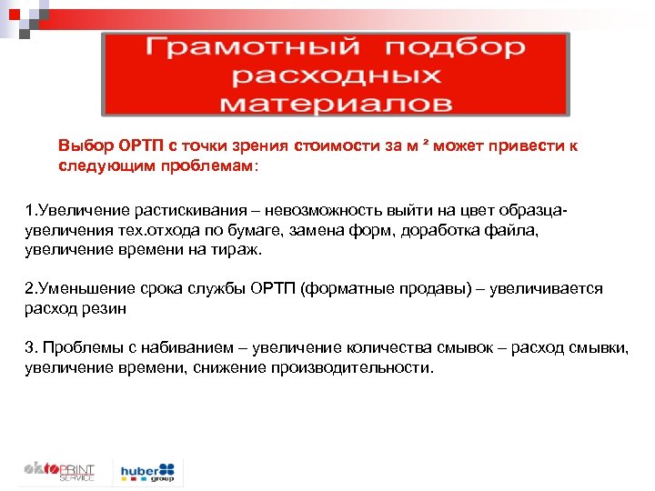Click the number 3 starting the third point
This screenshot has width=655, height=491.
(x=28, y=348)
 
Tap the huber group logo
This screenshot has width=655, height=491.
(x=146, y=471)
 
